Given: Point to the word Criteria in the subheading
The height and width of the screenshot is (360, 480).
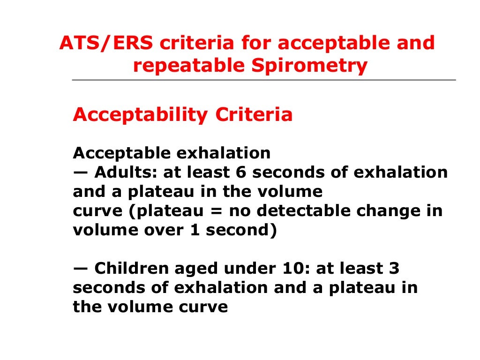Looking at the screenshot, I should click(254, 115).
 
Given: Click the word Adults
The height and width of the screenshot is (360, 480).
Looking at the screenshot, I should click(127, 172).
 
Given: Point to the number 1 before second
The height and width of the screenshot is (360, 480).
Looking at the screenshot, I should click(195, 230).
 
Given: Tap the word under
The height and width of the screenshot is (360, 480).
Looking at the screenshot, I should click(247, 269).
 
